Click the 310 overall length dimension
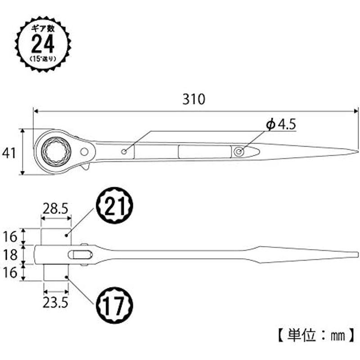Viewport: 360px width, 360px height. pyautogui.click(x=193, y=99)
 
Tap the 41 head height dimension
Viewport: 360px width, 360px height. pyautogui.click(x=9, y=153)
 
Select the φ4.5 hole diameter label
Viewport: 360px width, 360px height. pyautogui.click(x=281, y=124)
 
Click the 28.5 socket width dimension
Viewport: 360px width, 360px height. pyautogui.click(x=55, y=209)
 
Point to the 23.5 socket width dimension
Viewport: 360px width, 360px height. pyautogui.click(x=55, y=303)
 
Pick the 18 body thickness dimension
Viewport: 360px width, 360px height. pyautogui.click(x=10, y=255)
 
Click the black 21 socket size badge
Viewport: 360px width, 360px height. pyautogui.click(x=115, y=206)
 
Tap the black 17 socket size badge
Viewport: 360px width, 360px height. pyautogui.click(x=115, y=305)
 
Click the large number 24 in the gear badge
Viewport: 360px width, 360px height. pyautogui.click(x=43, y=44)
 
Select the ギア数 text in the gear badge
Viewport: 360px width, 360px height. pyautogui.click(x=43, y=29)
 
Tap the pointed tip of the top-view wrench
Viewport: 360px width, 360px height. pyautogui.click(x=358, y=152)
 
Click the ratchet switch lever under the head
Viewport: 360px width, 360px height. pyautogui.click(x=85, y=166)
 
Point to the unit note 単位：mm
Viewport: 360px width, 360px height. pyautogui.click(x=316, y=336)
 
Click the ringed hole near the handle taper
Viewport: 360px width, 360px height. pyautogui.click(x=239, y=152)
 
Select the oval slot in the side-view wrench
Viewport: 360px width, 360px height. pyautogui.click(x=80, y=255)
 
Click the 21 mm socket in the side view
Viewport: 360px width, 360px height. pyautogui.click(x=56, y=237)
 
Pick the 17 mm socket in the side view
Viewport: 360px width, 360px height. pyautogui.click(x=56, y=273)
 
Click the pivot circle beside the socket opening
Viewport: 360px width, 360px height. pyautogui.click(x=84, y=152)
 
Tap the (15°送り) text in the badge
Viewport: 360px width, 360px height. pyautogui.click(x=43, y=59)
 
